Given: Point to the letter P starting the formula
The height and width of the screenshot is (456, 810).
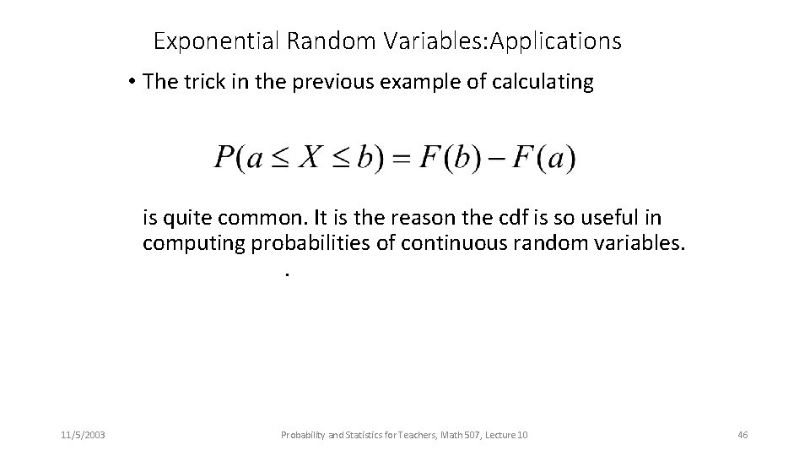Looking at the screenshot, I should pyautogui.click(x=224, y=158).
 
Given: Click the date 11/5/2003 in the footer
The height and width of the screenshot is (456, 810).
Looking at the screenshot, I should pyautogui.click(x=83, y=435).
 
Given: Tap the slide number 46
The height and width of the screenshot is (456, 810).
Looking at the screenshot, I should pyautogui.click(x=742, y=435).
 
